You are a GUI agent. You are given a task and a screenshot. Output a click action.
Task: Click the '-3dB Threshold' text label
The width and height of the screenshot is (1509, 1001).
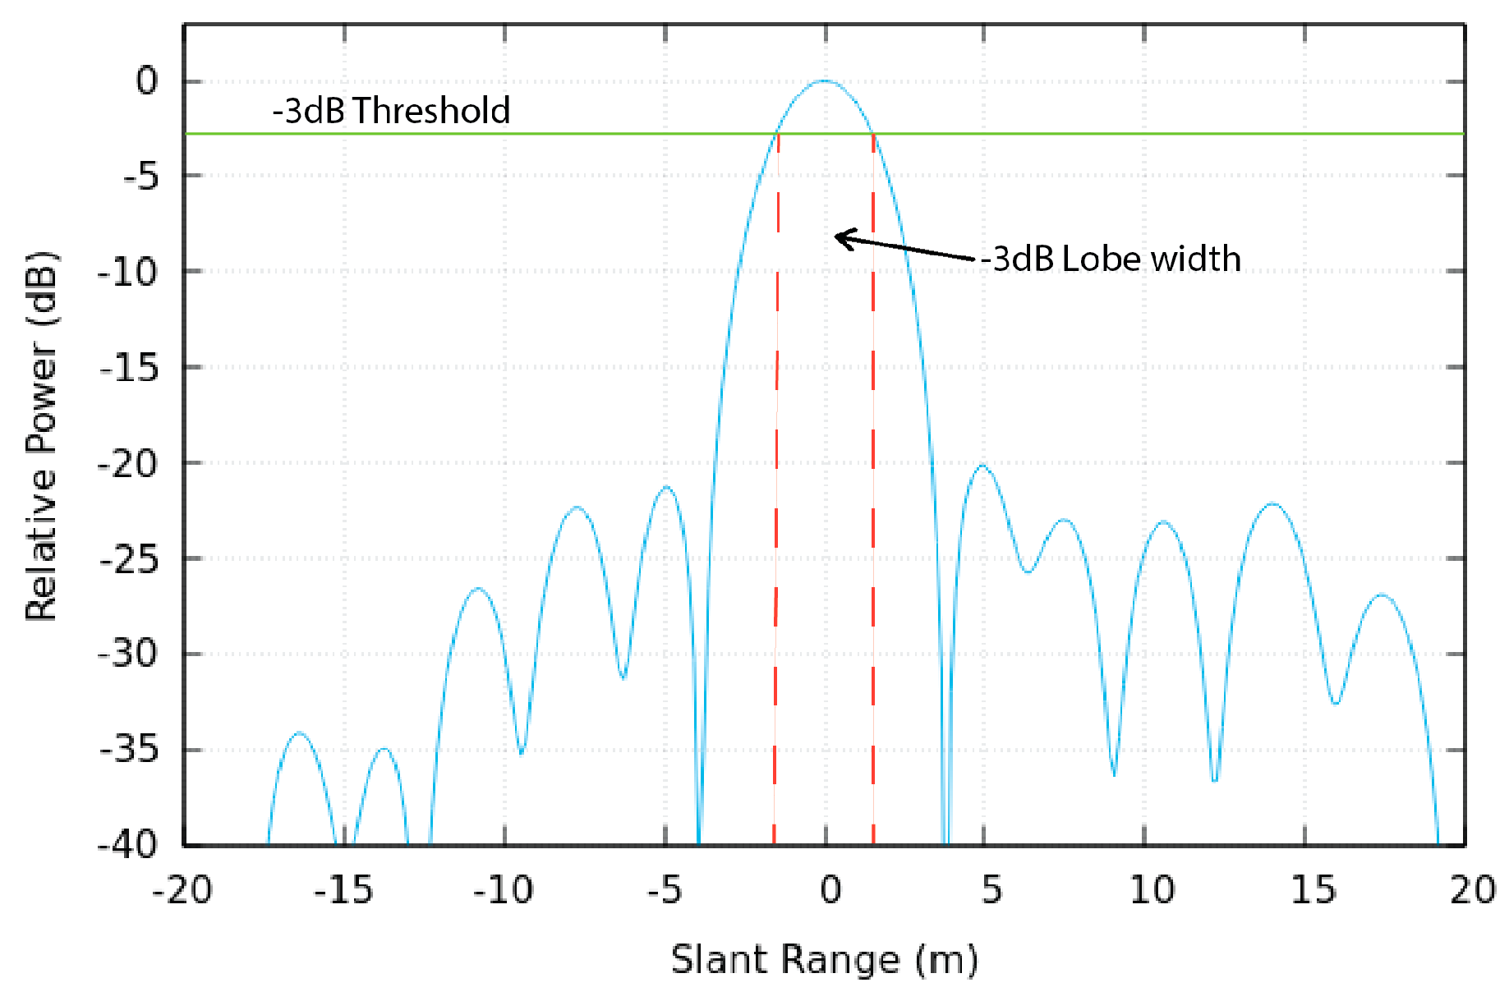(391, 111)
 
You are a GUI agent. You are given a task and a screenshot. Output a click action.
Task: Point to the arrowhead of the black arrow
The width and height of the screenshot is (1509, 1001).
(837, 237)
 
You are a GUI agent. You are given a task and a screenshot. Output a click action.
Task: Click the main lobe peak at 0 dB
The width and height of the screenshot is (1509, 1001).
(824, 80)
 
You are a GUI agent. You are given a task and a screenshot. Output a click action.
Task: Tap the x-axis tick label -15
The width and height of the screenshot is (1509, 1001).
(343, 890)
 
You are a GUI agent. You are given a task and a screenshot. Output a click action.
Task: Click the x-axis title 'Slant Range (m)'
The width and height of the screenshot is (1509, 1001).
(824, 960)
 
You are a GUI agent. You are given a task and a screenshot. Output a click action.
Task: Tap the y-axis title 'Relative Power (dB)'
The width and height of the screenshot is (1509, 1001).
(41, 435)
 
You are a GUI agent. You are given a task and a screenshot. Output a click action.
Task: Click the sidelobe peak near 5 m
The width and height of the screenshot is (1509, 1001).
(982, 466)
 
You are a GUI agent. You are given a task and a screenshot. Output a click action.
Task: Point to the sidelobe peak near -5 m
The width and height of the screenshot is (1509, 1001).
(667, 487)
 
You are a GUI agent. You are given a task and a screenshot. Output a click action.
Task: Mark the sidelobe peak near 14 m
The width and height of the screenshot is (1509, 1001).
(1272, 503)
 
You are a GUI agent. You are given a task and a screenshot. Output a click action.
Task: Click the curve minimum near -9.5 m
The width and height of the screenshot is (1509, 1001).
(522, 751)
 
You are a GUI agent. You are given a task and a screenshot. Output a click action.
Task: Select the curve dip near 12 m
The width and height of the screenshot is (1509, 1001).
(1215, 778)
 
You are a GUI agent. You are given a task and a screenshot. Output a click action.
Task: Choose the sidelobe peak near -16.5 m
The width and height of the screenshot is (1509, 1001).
(300, 732)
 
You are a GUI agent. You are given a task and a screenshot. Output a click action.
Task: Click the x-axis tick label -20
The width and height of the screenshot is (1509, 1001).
(182, 890)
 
